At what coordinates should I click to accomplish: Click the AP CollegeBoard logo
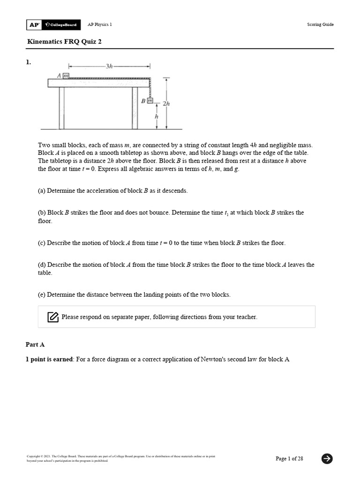53,24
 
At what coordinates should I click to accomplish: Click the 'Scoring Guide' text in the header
320,24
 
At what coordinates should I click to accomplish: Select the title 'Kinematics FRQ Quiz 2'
64,41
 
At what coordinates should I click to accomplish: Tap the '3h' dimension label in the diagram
109,67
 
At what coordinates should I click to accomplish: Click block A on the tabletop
66,75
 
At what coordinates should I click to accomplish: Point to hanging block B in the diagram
150,100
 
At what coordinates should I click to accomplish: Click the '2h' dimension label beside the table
165,104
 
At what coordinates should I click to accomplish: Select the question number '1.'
28,62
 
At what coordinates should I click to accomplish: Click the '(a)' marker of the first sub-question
42,191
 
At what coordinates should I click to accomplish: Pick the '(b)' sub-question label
42,212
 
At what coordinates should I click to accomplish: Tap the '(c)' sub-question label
42,243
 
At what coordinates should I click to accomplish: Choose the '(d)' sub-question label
42,264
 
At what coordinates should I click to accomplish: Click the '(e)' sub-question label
42,295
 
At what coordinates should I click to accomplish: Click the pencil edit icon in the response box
53,317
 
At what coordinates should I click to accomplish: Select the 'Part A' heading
35,345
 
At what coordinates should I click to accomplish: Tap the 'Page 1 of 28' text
289,458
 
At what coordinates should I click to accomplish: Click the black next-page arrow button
327,458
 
